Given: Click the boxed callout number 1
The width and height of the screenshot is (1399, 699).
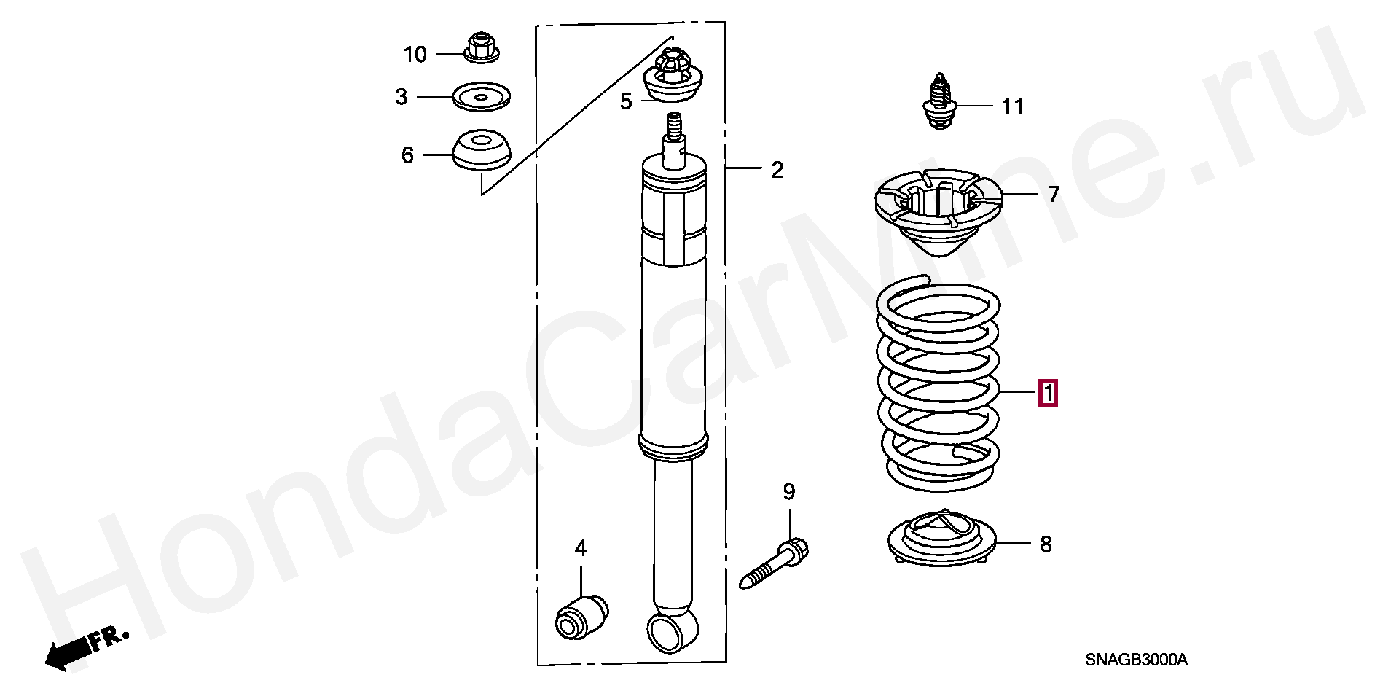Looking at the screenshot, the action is coord(1048,394).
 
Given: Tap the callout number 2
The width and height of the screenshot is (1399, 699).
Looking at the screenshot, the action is coord(777,170).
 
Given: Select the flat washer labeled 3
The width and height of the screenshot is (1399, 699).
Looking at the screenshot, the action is coord(481,96).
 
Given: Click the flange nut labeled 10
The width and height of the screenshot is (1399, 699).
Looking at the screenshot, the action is coord(480,48).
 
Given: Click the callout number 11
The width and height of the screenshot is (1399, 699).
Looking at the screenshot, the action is coord(1012,107).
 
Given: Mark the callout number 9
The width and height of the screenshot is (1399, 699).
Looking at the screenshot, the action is coord(789,492).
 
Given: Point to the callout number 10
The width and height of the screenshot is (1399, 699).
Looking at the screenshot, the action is coord(415,55).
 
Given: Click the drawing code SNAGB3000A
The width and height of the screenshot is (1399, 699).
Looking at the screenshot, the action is coord(1136,660).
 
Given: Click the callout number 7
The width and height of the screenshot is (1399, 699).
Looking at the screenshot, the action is coord(1053,195).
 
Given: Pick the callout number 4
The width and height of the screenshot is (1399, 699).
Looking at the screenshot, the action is coord(580,548).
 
